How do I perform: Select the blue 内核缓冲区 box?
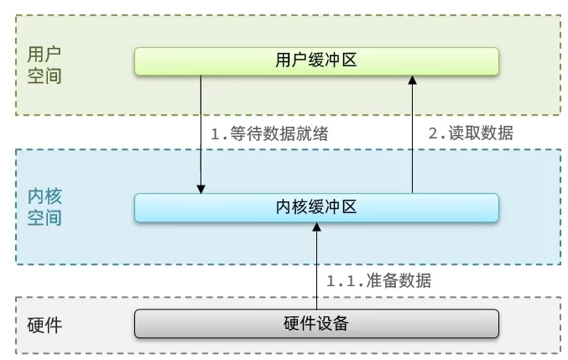point(316,207)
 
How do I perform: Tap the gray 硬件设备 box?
point(316,323)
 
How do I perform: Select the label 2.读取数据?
point(471,133)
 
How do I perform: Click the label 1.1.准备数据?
point(378,280)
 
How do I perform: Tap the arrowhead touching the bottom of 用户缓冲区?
point(412,80)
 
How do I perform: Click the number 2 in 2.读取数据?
point(433,133)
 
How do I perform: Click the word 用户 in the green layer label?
point(44,54)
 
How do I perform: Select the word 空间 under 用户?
point(44,76)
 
